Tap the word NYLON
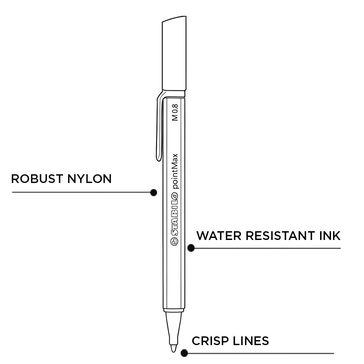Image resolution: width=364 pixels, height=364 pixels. tap(89, 179)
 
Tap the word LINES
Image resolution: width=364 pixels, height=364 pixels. tap(251, 341)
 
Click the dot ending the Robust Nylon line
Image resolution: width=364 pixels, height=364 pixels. tap(154, 192)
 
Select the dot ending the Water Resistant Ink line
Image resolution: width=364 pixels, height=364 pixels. tap(191, 248)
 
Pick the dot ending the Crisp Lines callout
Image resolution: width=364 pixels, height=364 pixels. tap(184, 353)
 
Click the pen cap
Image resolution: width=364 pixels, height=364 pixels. tap(174, 54)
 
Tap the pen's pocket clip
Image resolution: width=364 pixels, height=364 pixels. tap(159, 128)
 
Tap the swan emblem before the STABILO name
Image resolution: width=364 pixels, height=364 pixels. tap(175, 241)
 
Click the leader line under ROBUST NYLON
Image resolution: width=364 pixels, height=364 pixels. tap(81, 192)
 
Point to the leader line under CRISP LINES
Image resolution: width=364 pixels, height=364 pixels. tap(260, 353)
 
